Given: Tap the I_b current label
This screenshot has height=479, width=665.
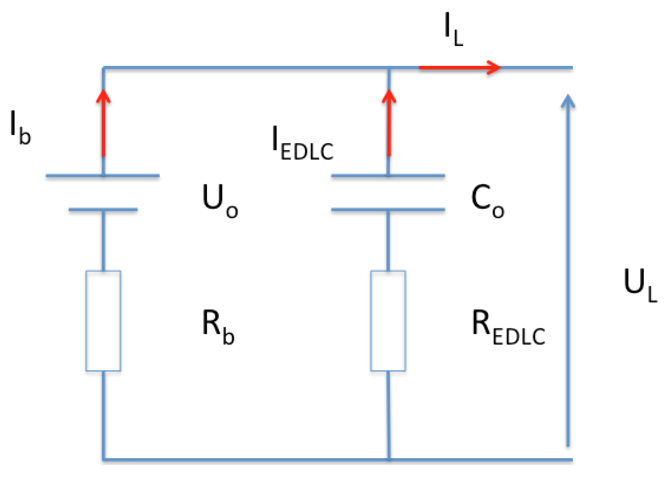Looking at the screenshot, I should point(20,128).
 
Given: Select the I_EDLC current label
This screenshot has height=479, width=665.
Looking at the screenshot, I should point(302,144).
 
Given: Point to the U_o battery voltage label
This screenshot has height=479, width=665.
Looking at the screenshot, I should point(220,200).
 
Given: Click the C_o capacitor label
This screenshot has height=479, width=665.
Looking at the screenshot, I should point(487,200).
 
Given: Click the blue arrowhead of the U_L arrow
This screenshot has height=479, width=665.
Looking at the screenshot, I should point(568,102).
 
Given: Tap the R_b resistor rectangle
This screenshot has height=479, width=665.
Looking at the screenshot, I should point(103,321).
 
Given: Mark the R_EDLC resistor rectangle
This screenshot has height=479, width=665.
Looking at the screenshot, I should point(388,321).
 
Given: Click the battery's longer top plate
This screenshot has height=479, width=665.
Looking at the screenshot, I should point(103,176).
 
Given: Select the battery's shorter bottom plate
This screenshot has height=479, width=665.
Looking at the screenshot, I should point(103,210).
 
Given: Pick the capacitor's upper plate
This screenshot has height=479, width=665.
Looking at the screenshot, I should point(388,176).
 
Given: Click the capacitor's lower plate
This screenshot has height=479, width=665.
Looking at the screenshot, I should point(388,210).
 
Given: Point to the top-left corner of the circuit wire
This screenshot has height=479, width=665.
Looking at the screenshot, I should point(103,68).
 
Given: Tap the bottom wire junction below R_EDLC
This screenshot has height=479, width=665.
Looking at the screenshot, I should point(389,459).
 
